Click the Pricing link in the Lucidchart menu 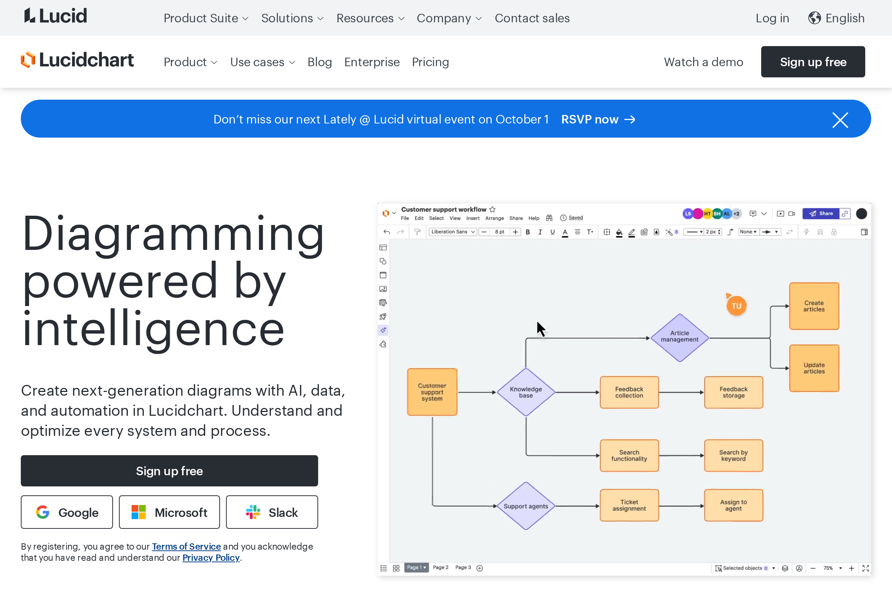coord(430,62)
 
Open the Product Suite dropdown coord(206,18)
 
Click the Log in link coord(772,18)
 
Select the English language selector coord(836,18)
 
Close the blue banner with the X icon coord(840,120)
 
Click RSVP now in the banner coord(597,119)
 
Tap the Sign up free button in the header coord(813,62)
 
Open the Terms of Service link coord(186,546)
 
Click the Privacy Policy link coord(211,557)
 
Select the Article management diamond coord(679,337)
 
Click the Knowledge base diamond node coord(526,392)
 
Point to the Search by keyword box coord(733,455)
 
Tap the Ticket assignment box coord(629,505)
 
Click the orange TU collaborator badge coord(736,306)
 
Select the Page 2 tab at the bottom coord(440,567)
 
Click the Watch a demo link coord(703,62)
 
